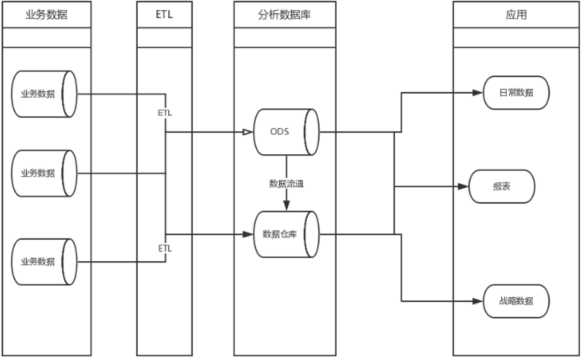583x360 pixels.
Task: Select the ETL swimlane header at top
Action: click(x=164, y=15)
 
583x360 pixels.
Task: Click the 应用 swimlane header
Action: click(x=516, y=15)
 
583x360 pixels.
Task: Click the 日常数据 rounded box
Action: click(x=516, y=93)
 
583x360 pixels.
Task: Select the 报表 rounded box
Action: click(x=502, y=187)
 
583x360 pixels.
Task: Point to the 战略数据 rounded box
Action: click(x=516, y=300)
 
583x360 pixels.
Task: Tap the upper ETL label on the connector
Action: click(x=165, y=113)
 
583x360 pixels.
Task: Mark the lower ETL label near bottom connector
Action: click(x=165, y=249)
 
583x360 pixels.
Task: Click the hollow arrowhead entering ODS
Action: click(x=248, y=132)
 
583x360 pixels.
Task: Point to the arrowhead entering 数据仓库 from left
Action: click(x=249, y=234)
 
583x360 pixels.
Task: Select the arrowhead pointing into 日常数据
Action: click(x=478, y=93)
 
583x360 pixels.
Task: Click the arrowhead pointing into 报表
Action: click(x=465, y=187)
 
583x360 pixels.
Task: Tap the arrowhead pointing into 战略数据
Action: click(x=478, y=300)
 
